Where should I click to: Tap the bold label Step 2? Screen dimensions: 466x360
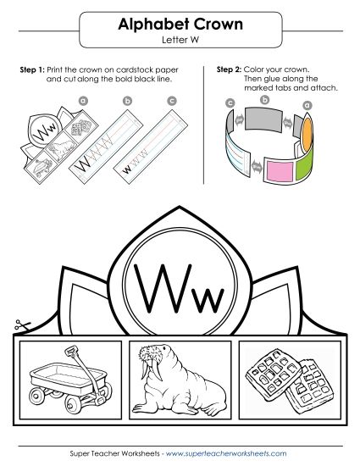coord(230,68)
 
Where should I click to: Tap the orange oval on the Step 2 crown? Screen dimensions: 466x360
coord(307,127)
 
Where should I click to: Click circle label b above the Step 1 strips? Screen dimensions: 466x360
coord(128,102)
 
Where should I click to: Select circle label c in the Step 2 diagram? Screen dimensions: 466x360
coord(230,103)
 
